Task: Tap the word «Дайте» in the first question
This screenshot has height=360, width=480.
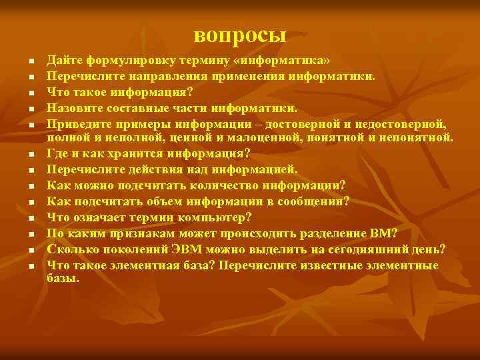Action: tap(63, 60)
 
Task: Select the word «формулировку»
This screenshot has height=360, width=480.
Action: tap(121, 60)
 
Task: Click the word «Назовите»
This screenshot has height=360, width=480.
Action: tap(73, 107)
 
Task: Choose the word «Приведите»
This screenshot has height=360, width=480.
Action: tap(77, 123)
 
